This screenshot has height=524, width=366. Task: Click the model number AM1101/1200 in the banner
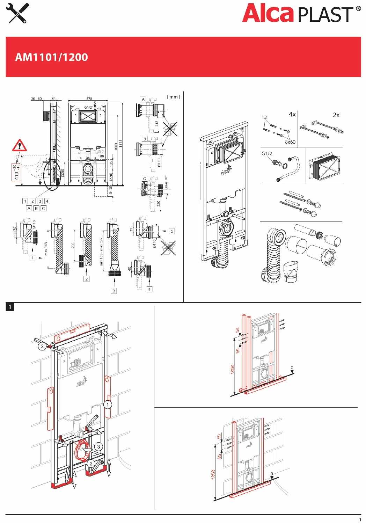tap(51, 57)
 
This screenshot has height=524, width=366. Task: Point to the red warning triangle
tap(20, 145)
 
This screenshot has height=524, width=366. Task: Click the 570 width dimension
tap(89, 99)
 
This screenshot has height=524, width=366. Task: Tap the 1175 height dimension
tap(120, 143)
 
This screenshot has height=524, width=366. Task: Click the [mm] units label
tap(174, 97)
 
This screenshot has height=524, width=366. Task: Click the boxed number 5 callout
tap(171, 231)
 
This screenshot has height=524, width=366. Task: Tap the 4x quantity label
tap(292, 114)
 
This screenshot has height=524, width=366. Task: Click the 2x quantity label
tap(336, 115)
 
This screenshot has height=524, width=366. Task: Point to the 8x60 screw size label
tap(290, 142)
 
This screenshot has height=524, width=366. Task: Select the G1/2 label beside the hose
tap(266, 153)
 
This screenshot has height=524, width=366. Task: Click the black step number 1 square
tap(10, 307)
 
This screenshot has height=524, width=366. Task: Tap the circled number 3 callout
tap(98, 446)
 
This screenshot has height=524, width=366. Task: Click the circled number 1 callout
tap(108, 405)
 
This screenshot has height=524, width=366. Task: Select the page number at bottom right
tap(360, 519)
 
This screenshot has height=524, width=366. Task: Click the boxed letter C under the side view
tap(43, 208)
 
